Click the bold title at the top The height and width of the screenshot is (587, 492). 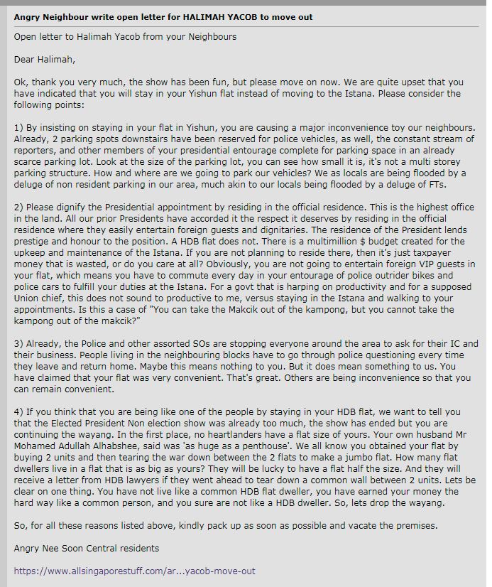click(163, 16)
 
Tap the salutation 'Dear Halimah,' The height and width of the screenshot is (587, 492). click(44, 59)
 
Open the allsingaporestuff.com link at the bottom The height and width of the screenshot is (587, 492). click(134, 571)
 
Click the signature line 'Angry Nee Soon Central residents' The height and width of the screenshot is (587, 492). click(86, 548)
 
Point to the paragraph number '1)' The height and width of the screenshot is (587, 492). click(18, 127)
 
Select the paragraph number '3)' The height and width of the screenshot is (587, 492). click(18, 343)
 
